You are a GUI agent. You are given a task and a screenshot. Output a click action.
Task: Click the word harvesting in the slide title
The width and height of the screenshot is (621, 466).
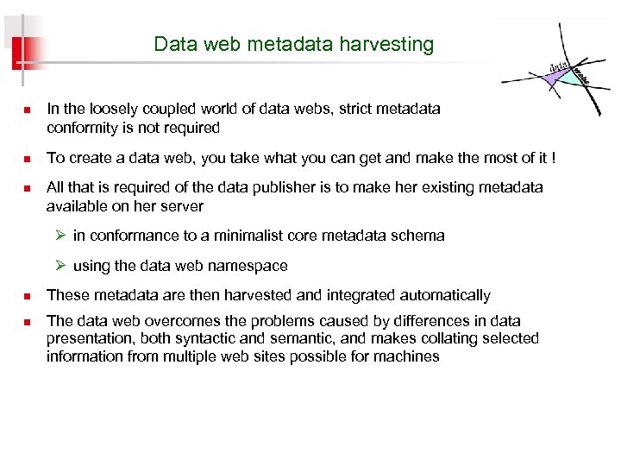(392, 44)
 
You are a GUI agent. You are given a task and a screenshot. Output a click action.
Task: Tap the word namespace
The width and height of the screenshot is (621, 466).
(246, 266)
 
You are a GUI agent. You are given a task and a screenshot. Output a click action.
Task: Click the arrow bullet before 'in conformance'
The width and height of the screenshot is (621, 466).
(61, 236)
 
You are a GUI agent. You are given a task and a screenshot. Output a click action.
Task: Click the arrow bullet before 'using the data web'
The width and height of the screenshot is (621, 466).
(61, 266)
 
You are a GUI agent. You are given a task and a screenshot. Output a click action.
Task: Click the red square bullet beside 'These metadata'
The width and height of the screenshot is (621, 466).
(26, 296)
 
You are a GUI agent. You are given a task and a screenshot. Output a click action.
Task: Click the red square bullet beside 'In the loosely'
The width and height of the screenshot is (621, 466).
(26, 110)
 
